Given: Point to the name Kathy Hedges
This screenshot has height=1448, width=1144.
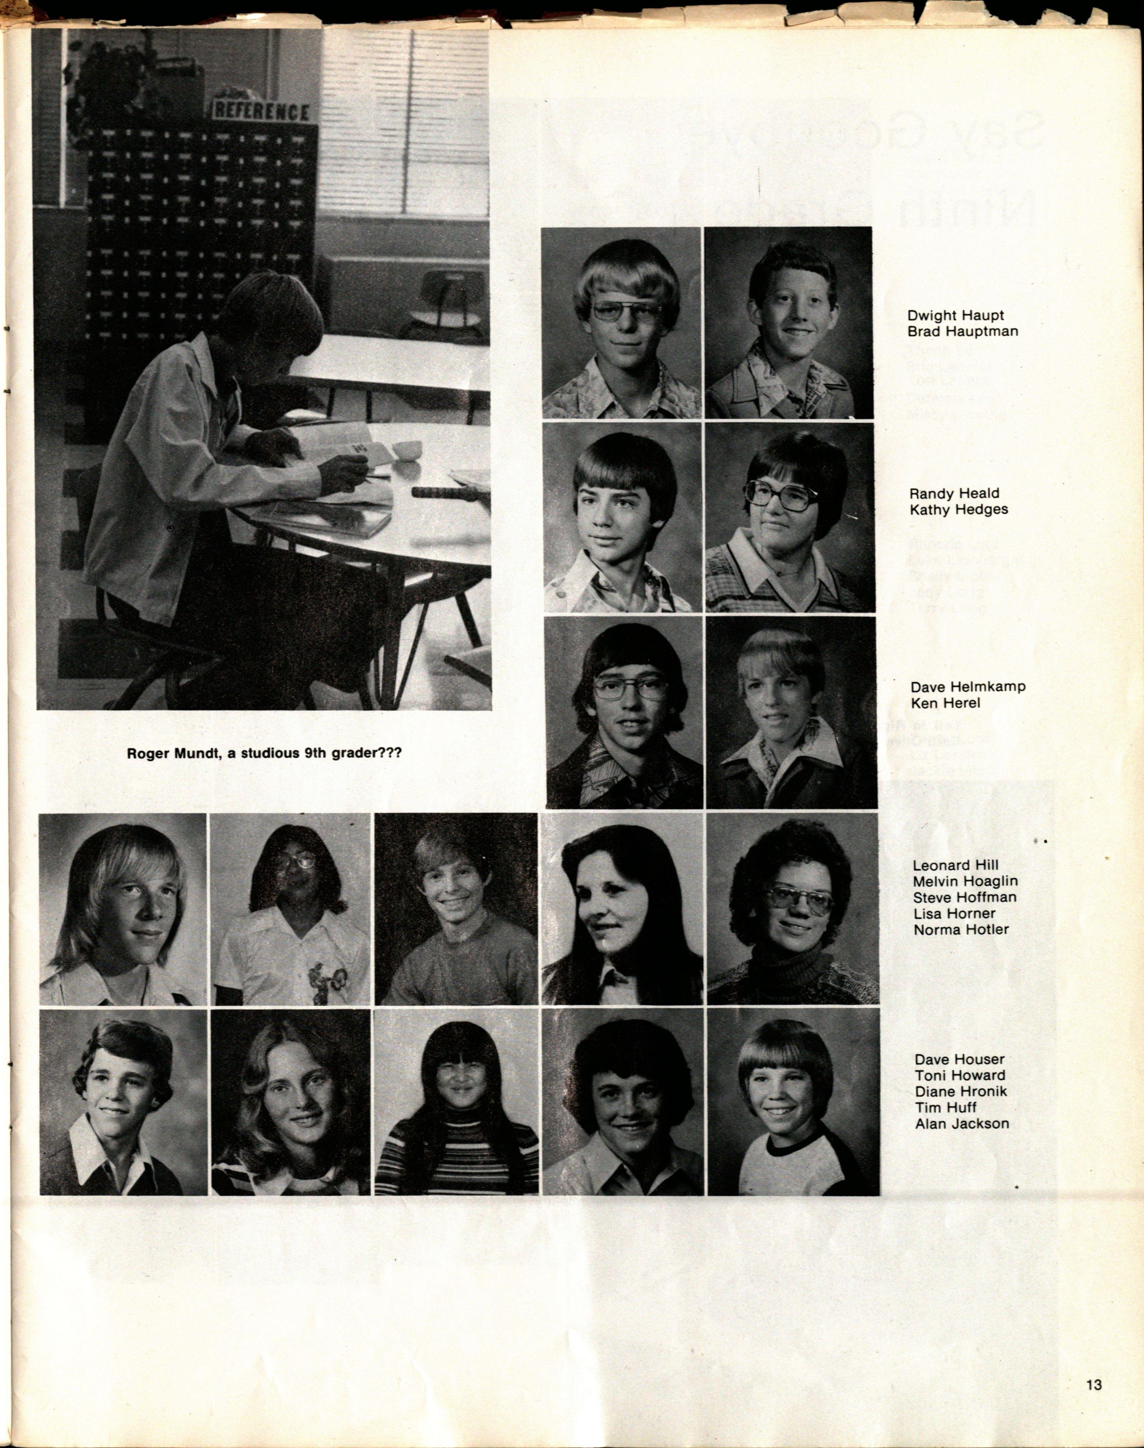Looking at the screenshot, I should pyautogui.click(x=959, y=509).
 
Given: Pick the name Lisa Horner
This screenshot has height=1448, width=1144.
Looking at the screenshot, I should pyautogui.click(x=954, y=913).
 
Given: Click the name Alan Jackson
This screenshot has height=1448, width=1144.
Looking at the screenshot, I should pyautogui.click(x=962, y=1123).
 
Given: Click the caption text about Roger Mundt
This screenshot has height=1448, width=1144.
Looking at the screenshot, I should pyautogui.click(x=264, y=753).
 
